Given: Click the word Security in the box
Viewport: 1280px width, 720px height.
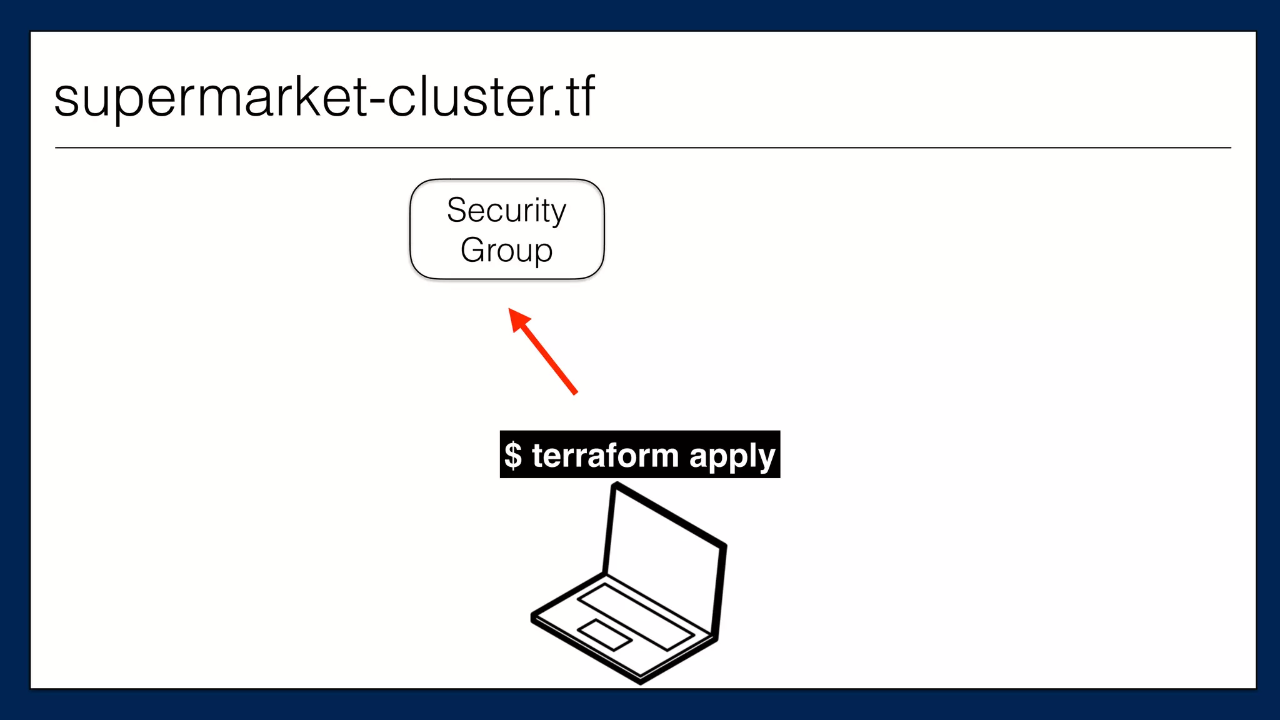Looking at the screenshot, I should pos(506,211).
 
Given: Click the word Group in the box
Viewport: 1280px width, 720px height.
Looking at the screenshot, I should pos(506,251).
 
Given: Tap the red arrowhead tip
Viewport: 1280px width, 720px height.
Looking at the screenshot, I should pos(511,310).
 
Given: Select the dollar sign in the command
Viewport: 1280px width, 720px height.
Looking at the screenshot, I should pos(513,455).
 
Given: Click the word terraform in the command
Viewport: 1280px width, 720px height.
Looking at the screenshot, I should pos(605,455).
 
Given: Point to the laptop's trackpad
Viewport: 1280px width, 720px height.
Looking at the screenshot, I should pos(604,634).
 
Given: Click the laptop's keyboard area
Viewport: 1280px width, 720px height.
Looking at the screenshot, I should pos(635,616).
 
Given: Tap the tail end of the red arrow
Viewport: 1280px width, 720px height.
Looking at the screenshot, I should pos(575,393).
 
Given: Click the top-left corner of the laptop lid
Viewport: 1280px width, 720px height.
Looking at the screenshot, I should pos(615,484).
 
